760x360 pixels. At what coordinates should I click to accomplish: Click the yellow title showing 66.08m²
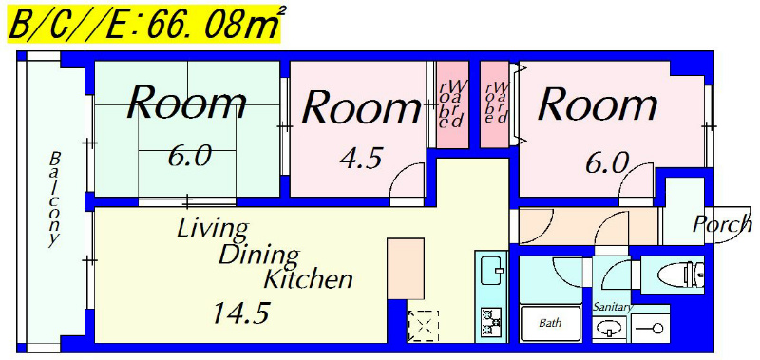tap(144, 25)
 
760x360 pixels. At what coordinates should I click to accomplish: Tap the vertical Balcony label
tap(55, 199)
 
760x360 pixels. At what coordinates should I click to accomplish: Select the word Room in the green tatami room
tap(186, 103)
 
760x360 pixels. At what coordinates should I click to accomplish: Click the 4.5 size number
tap(362, 159)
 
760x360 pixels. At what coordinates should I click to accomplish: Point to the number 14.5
tap(241, 313)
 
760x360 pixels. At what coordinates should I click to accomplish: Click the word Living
tap(212, 229)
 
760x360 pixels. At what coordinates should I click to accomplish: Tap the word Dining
tap(257, 256)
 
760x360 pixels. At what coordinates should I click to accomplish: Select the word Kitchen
tap(307, 279)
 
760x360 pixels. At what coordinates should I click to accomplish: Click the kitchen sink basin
tap(491, 270)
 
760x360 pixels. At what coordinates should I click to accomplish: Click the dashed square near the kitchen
tap(423, 325)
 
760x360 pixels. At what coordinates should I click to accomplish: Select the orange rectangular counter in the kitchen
tap(406, 269)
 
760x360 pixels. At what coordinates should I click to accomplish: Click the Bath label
tap(550, 323)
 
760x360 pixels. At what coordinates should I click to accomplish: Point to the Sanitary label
tap(613, 307)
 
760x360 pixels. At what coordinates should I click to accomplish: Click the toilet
tap(681, 275)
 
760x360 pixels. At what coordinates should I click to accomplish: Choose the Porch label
tap(721, 224)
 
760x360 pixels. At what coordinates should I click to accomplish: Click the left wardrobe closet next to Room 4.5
tap(453, 104)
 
